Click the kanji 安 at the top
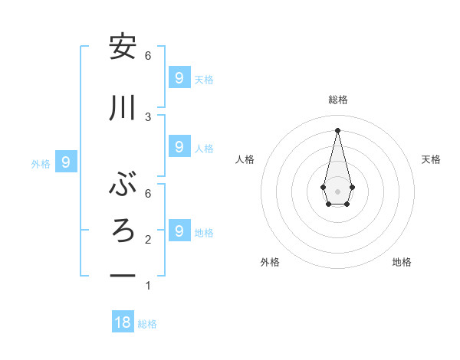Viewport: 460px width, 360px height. pyautogui.click(x=123, y=47)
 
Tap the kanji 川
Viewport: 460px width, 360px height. pyautogui.click(x=123, y=108)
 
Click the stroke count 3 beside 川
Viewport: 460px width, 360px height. pyautogui.click(x=148, y=116)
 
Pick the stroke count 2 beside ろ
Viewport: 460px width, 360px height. pyautogui.click(x=148, y=239)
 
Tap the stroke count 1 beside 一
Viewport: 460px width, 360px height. pyautogui.click(x=148, y=286)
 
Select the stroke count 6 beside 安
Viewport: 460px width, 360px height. pyautogui.click(x=148, y=55)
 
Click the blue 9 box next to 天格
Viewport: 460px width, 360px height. pyautogui.click(x=179, y=77)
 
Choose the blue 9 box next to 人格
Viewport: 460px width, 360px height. pyautogui.click(x=179, y=146)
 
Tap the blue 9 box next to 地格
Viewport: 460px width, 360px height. pyautogui.click(x=179, y=231)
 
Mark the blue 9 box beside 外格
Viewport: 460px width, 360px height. pyautogui.click(x=66, y=162)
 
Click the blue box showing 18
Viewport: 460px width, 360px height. pyautogui.click(x=123, y=322)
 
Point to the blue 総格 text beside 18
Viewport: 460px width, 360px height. pyautogui.click(x=147, y=324)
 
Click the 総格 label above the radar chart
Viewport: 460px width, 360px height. pyautogui.click(x=337, y=100)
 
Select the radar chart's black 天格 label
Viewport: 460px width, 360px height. pyautogui.click(x=431, y=159)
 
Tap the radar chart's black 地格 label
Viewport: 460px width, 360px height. pyautogui.click(x=402, y=262)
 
